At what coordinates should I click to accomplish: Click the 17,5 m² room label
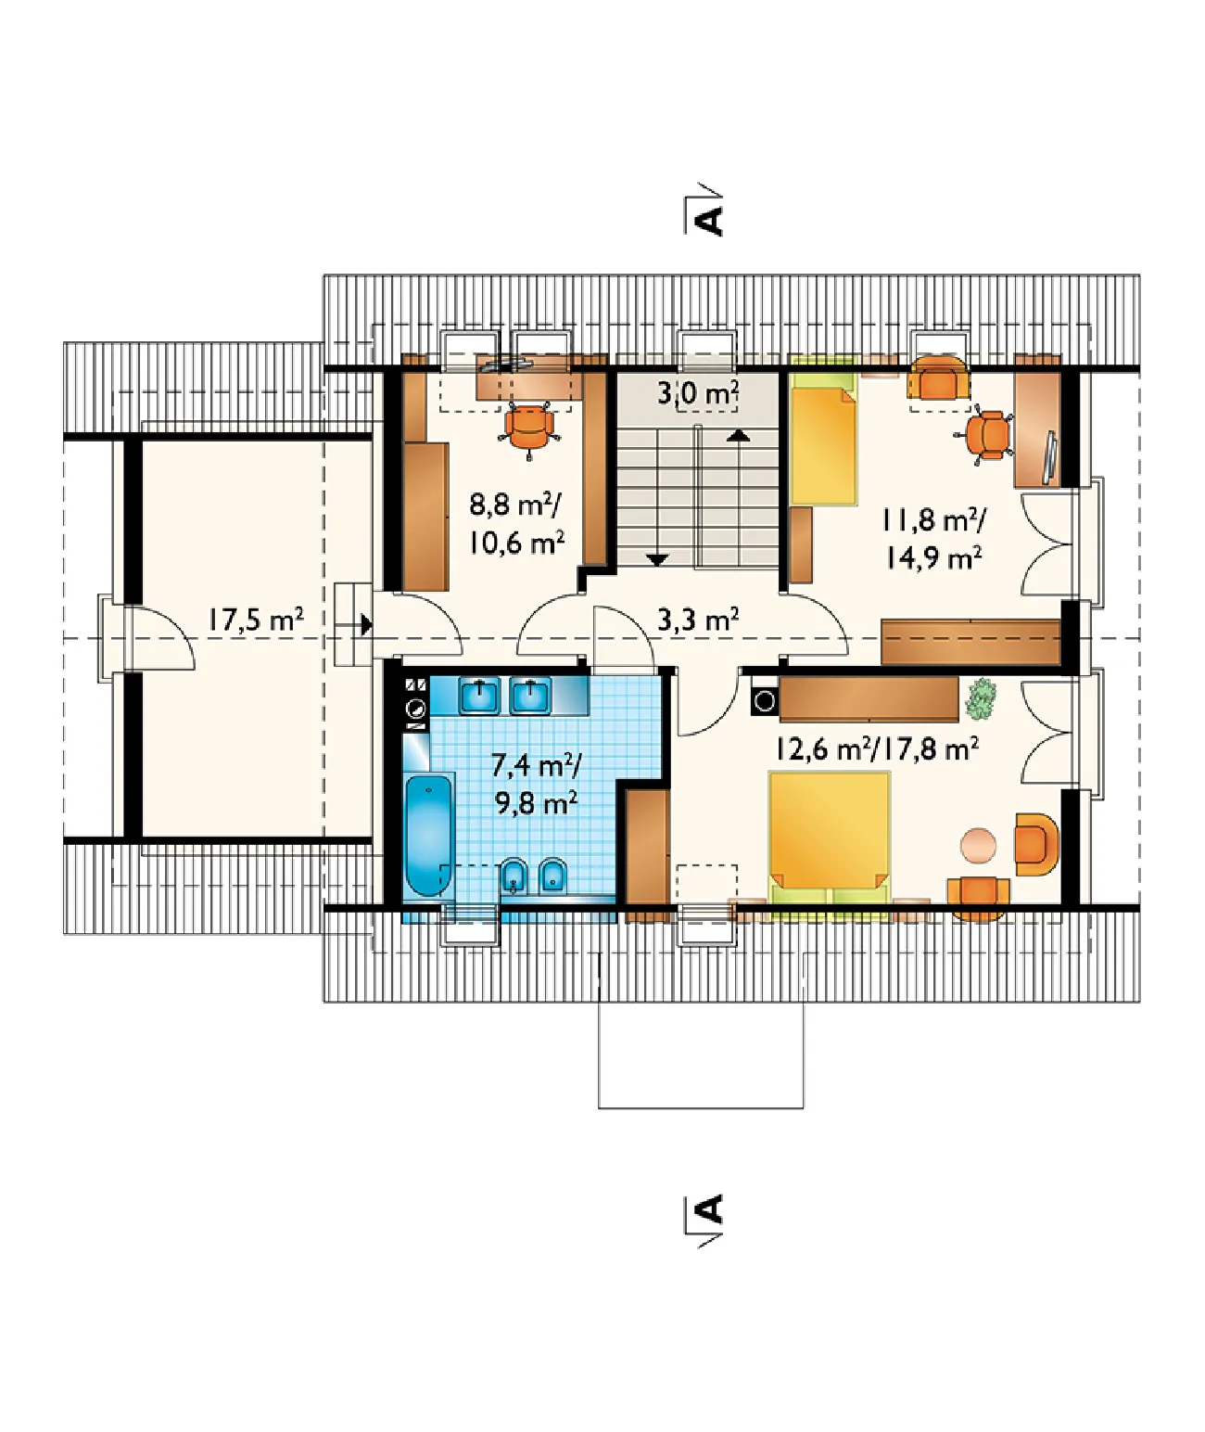(x=256, y=620)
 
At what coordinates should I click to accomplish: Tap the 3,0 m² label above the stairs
(x=698, y=393)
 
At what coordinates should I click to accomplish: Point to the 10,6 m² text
(x=516, y=543)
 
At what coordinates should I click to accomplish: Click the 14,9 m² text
(x=932, y=558)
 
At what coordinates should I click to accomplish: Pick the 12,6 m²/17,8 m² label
(x=877, y=748)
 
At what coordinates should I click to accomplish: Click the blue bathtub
(x=429, y=835)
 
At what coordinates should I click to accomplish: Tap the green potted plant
(x=981, y=698)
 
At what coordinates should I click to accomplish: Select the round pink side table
(x=978, y=845)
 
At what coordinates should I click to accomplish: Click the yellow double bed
(x=830, y=837)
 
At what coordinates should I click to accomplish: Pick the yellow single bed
(x=823, y=446)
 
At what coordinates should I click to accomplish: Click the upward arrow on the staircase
(x=738, y=435)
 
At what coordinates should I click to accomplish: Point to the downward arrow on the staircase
(x=658, y=559)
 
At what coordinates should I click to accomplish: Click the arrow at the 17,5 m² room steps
(x=367, y=625)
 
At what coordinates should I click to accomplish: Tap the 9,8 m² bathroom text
(x=536, y=801)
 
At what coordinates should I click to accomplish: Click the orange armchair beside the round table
(x=1036, y=844)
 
